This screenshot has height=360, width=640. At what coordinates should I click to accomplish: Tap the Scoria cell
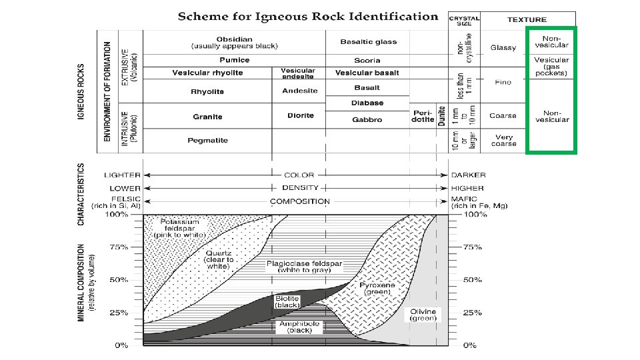coord(367,60)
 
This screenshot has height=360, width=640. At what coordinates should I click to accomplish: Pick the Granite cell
coord(207,117)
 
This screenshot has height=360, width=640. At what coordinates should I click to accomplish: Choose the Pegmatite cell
coord(207,140)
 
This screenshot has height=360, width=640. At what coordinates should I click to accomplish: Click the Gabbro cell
coord(367,120)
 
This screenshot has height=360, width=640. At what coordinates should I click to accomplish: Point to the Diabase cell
coord(367,103)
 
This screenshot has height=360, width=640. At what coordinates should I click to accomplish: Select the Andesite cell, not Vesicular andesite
coord(299,91)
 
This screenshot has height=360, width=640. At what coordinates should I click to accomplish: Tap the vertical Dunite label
coord(441,116)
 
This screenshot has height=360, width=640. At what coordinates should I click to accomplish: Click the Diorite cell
coord(301,116)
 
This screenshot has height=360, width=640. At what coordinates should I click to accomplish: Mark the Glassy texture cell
coord(503,48)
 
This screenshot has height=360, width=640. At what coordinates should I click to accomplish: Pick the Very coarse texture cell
coord(503,140)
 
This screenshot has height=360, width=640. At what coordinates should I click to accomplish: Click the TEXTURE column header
coord(527,20)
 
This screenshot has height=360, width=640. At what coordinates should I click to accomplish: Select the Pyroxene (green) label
coord(377,288)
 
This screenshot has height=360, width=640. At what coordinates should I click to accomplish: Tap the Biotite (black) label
coord(287,301)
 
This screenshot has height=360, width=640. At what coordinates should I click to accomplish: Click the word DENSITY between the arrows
coord(299,188)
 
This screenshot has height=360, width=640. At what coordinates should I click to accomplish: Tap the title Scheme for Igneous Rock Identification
coord(307,17)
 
